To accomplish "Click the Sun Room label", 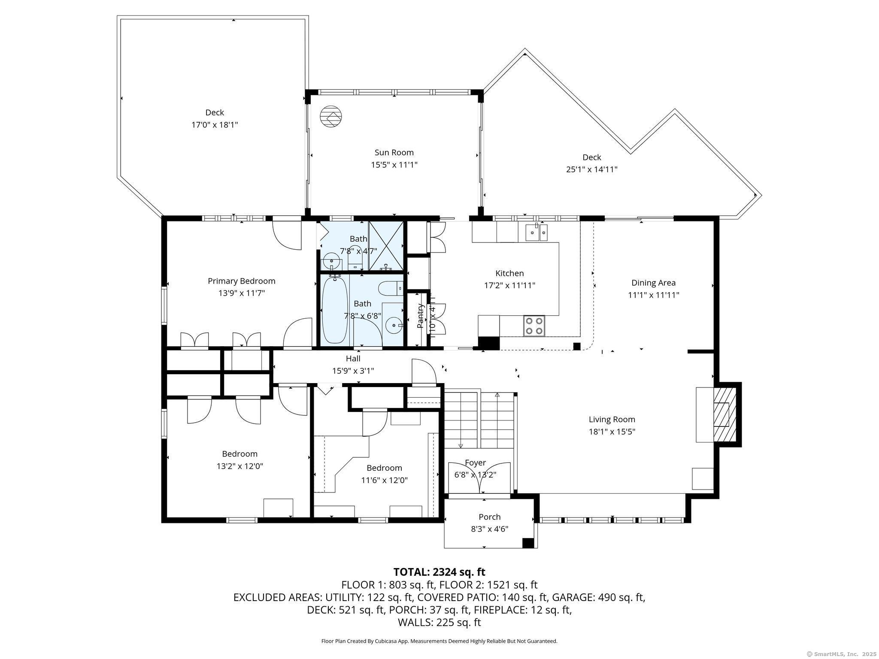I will click(x=394, y=152).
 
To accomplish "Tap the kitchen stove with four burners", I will click(x=534, y=325).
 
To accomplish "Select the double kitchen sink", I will click(x=536, y=233).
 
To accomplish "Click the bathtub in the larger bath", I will click(x=334, y=310).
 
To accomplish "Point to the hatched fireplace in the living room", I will click(x=724, y=414).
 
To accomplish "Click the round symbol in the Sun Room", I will click(x=331, y=116).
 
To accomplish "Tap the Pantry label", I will click(x=421, y=316).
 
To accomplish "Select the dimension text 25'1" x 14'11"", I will click(x=591, y=169).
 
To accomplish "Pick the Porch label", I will click(x=489, y=517).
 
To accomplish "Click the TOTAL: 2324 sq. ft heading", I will click(x=439, y=572).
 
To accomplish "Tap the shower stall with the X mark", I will click(x=386, y=246).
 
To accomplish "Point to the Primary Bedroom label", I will click(x=241, y=281).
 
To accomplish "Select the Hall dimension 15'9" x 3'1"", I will click(x=353, y=371).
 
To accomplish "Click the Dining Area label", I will click(x=653, y=283).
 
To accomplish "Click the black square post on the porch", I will click(x=527, y=543).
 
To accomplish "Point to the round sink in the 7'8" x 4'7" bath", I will click(x=331, y=260).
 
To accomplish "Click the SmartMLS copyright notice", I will click(x=842, y=654).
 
